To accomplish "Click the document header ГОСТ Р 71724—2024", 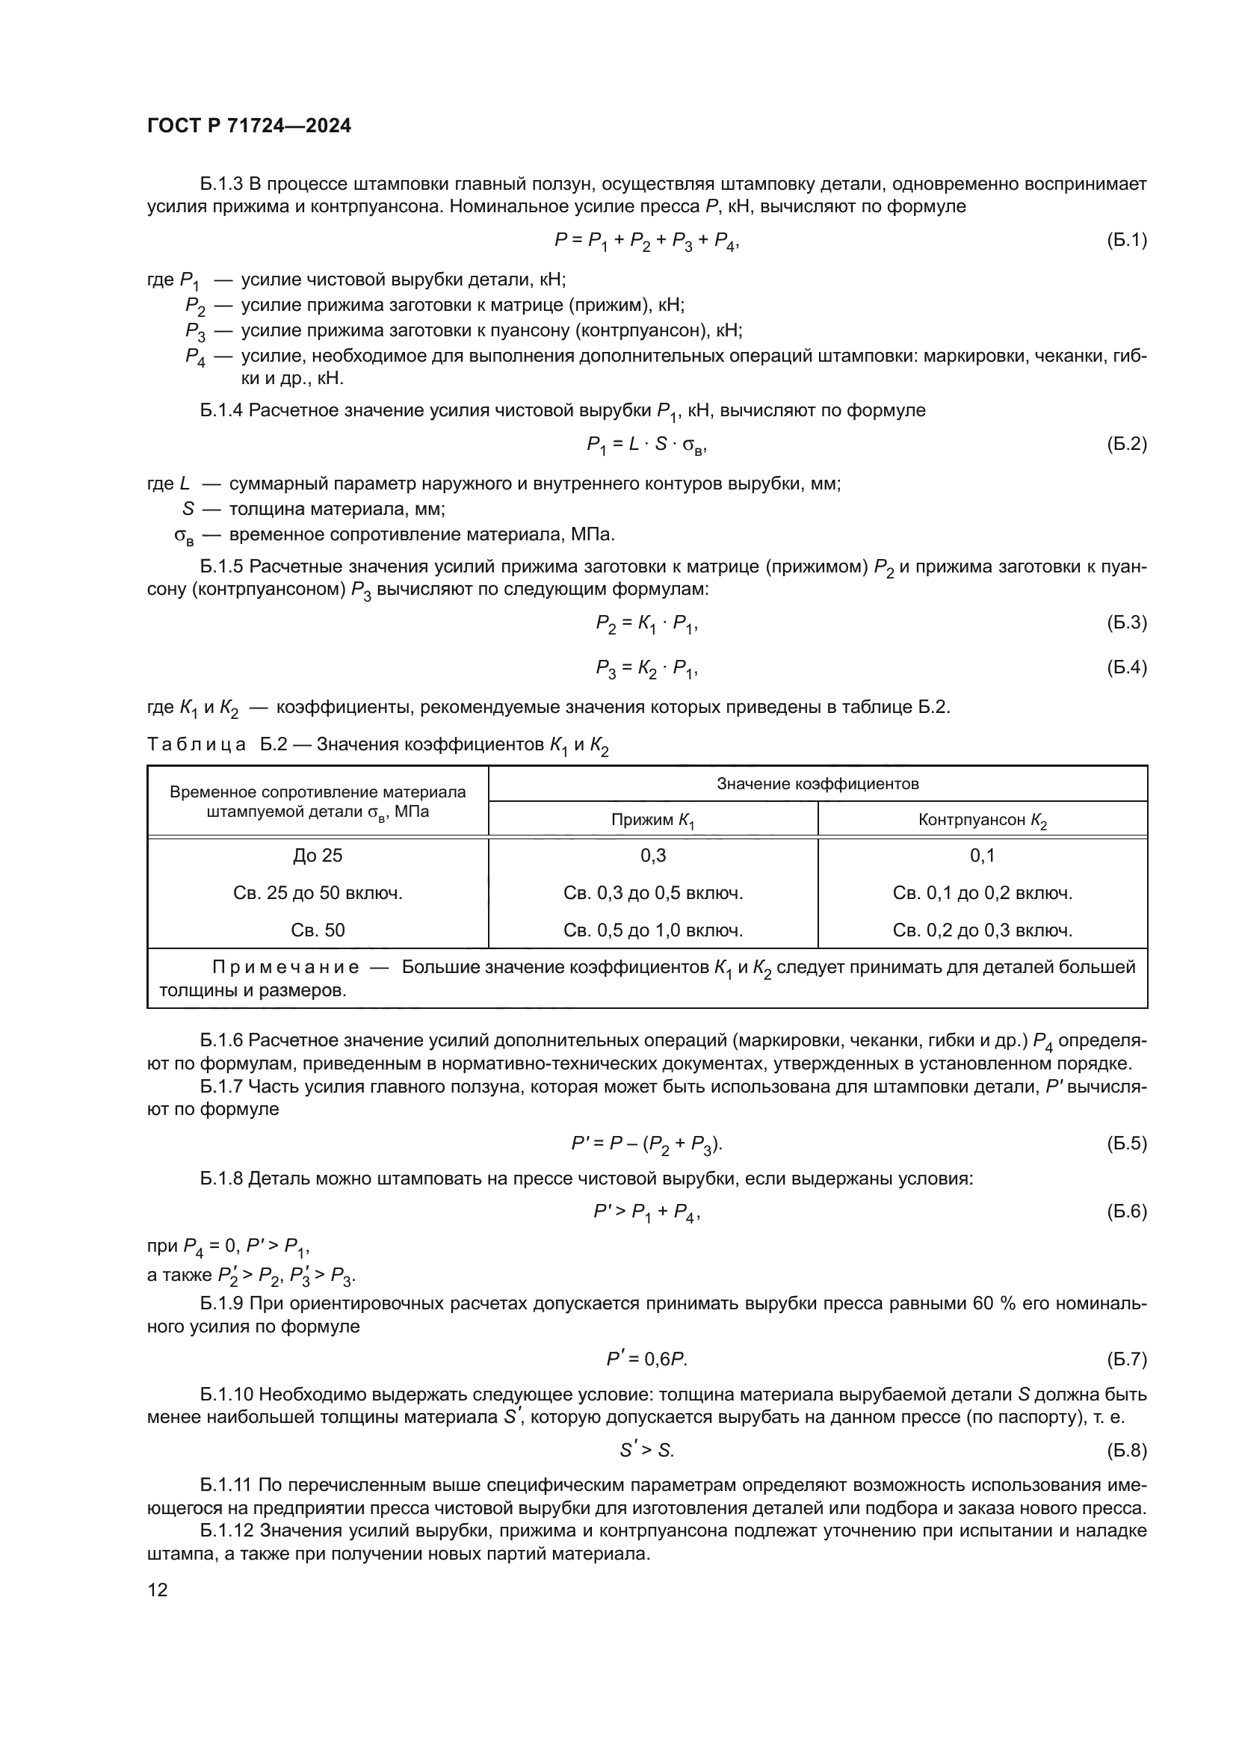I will (x=249, y=126).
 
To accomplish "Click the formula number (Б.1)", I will (x=1126, y=241).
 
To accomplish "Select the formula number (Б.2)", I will (x=1126, y=444).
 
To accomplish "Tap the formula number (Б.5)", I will (x=1126, y=1143).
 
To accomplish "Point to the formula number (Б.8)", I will (x=1126, y=1451).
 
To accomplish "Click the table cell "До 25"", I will (x=318, y=856).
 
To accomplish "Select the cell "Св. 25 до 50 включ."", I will (x=318, y=893).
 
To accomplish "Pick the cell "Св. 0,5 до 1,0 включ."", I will (x=653, y=930).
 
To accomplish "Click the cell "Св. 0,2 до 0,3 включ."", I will (x=982, y=930).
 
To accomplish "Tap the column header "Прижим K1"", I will (x=653, y=821).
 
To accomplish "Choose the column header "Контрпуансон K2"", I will (x=982, y=821).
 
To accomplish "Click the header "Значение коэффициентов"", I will (x=818, y=784).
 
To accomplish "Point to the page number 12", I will (x=158, y=1590).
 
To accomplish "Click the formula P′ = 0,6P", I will (x=647, y=1359).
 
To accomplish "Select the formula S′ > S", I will (x=647, y=1451).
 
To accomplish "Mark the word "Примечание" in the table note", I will (x=285, y=968).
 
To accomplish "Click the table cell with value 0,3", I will (x=653, y=856).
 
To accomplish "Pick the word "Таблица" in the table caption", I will (x=197, y=744).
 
